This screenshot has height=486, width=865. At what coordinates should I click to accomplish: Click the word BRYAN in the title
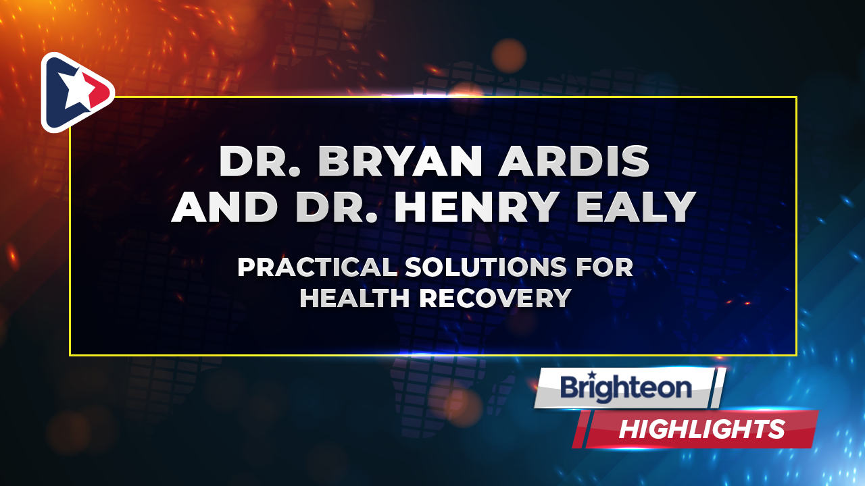pyautogui.click(x=399, y=161)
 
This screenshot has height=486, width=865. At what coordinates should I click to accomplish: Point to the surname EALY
pyautogui.click(x=636, y=207)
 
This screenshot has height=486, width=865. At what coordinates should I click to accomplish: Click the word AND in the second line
pyautogui.click(x=224, y=207)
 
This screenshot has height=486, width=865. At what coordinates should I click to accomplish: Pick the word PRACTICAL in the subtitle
pyautogui.click(x=317, y=267)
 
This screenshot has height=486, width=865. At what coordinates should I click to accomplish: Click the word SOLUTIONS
pyautogui.click(x=486, y=267)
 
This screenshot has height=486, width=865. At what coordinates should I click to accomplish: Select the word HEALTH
pyautogui.click(x=355, y=298)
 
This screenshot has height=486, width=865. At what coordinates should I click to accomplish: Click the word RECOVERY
pyautogui.click(x=495, y=298)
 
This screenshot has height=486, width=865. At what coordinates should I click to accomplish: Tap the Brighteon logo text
pyautogui.click(x=626, y=388)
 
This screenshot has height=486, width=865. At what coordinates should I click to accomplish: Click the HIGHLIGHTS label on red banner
pyautogui.click(x=702, y=429)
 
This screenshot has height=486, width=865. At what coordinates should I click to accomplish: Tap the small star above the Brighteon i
pyautogui.click(x=591, y=375)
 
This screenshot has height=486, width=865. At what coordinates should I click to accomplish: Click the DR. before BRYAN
pyautogui.click(x=259, y=161)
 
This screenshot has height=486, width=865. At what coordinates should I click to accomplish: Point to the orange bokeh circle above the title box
pyautogui.click(x=509, y=56)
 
